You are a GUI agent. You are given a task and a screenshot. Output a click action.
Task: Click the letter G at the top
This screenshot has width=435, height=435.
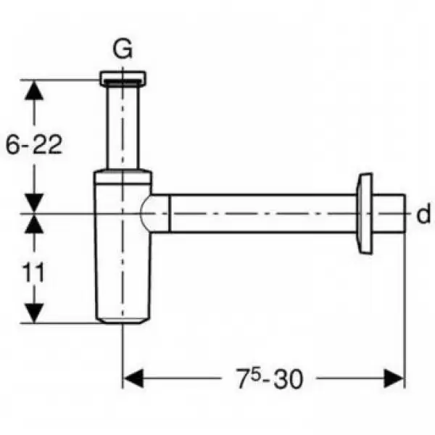123,49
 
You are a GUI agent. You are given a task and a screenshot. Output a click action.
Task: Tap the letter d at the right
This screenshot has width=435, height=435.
423,213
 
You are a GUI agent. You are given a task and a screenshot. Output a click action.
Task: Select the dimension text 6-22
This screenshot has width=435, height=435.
34,144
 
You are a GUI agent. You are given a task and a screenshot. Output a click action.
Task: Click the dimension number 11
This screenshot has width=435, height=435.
33,273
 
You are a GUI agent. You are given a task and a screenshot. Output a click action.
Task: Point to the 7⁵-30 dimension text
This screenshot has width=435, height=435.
270,378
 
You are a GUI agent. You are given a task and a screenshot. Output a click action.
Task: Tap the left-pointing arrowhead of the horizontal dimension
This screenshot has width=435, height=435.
133,378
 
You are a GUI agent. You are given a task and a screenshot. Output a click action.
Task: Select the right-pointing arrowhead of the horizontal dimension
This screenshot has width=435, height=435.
394,378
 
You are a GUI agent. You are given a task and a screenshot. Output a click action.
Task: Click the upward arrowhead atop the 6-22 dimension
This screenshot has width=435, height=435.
34,90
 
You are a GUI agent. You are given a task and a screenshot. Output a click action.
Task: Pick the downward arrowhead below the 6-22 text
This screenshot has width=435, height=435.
34,203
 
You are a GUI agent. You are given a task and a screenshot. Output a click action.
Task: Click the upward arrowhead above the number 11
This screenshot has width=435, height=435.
34,223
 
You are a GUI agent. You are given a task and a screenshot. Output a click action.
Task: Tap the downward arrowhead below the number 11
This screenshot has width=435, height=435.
34,313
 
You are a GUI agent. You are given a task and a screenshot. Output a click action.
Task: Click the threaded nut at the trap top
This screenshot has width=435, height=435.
123,78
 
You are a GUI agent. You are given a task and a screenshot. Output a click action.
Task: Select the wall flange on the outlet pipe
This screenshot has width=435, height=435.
364,213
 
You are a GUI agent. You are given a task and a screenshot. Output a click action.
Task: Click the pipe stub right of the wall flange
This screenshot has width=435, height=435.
389,213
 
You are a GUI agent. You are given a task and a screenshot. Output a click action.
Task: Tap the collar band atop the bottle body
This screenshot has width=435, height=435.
123,177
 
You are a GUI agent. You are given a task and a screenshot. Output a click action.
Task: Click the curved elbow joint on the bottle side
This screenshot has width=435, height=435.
155,213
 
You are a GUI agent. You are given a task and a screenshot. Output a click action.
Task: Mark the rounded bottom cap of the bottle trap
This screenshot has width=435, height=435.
123,320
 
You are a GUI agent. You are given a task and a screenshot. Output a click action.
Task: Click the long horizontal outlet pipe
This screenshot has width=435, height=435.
263,213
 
